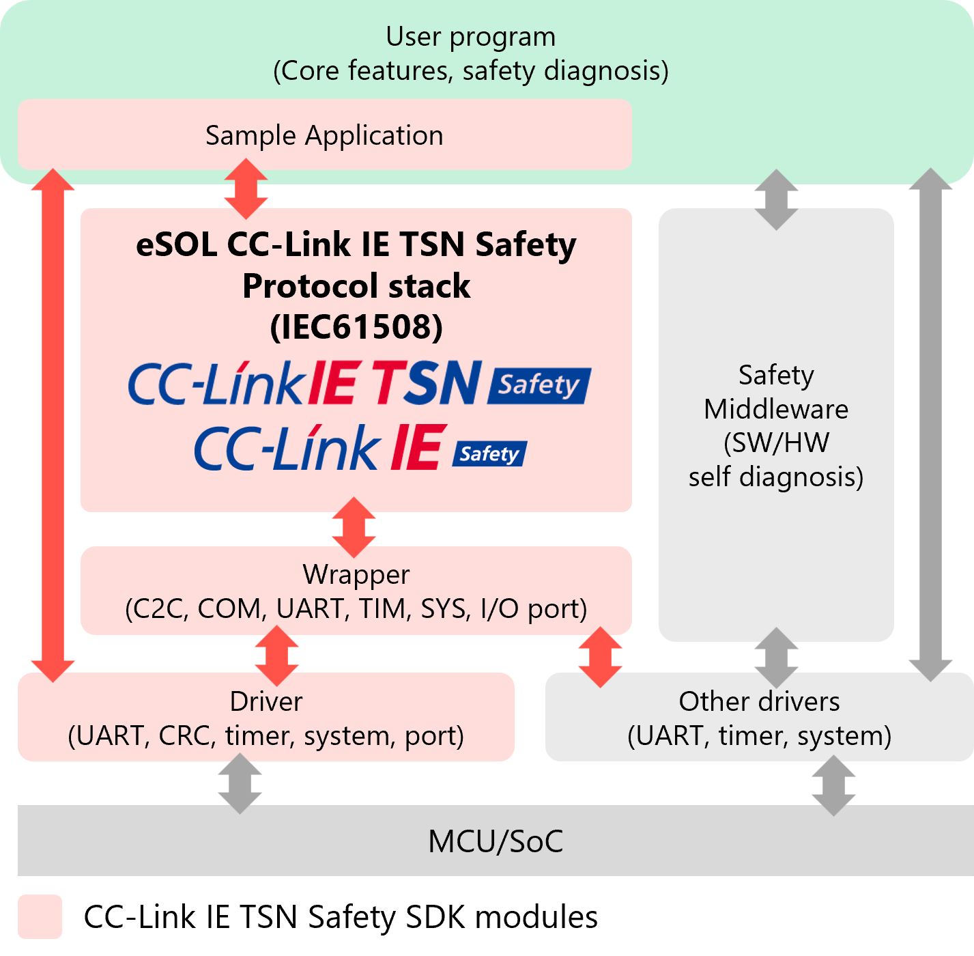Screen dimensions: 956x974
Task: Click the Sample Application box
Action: tap(324, 135)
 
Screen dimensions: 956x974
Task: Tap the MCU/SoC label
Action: tap(496, 841)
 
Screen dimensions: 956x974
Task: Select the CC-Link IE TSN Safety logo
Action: tap(359, 383)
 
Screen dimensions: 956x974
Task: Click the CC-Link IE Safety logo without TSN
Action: tap(360, 448)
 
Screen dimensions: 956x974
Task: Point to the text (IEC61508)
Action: tap(356, 326)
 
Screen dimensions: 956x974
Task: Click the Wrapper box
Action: tap(356, 591)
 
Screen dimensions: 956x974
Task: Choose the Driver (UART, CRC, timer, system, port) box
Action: tap(266, 717)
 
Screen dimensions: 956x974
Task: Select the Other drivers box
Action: tap(759, 717)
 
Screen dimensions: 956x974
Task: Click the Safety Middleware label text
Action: tap(776, 425)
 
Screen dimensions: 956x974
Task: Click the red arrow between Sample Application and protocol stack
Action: tap(246, 188)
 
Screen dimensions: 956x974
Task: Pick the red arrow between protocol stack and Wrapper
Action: tap(354, 527)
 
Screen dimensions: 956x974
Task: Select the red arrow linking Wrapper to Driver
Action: tap(276, 656)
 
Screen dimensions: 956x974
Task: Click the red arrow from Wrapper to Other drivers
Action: tap(600, 657)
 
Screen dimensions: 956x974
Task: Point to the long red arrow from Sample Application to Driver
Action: tap(53, 425)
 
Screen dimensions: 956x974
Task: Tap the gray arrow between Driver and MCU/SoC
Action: tap(240, 783)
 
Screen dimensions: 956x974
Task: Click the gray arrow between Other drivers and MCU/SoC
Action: tap(833, 785)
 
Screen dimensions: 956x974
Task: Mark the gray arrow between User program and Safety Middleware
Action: tap(776, 199)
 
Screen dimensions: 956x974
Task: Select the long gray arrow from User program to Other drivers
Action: tap(930, 425)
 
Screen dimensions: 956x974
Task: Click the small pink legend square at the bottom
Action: tap(40, 916)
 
